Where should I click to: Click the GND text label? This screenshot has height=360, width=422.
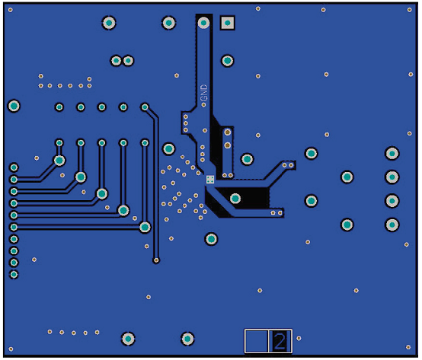tap(204, 93)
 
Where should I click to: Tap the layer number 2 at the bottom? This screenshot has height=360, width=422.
tap(280, 341)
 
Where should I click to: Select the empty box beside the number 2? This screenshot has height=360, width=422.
tap(257, 341)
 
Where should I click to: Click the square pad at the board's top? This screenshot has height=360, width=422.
tap(228, 23)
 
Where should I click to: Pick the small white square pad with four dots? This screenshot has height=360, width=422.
tap(210, 180)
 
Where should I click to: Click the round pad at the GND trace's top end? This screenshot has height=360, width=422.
tap(203, 23)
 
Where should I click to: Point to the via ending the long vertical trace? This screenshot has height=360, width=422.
tap(156, 260)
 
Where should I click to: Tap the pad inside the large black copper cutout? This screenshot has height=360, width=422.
tap(235, 199)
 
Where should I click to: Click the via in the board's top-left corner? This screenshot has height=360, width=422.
tap(10, 10)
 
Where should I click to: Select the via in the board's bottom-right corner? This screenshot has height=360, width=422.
tap(408, 347)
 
